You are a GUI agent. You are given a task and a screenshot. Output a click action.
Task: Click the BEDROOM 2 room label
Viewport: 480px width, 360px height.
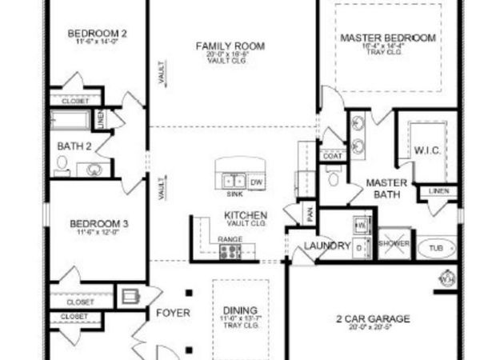click(x=98, y=34)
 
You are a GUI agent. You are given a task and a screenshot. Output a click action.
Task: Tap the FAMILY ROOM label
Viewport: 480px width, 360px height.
click(x=230, y=46)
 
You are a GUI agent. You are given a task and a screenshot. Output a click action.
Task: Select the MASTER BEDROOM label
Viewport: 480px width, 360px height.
click(x=388, y=38)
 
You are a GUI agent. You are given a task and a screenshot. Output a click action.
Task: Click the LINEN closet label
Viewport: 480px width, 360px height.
click(x=438, y=191)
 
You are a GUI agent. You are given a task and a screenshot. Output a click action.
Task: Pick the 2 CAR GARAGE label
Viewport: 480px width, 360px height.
click(x=373, y=318)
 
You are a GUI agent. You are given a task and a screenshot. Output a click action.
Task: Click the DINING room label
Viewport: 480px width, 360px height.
click(x=241, y=310)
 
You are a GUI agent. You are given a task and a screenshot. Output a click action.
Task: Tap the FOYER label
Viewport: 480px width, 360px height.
click(x=173, y=313)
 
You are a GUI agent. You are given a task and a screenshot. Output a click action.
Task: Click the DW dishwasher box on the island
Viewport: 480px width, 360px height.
click(x=257, y=181)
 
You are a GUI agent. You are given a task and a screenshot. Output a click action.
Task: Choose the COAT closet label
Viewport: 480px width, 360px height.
click(x=332, y=156)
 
